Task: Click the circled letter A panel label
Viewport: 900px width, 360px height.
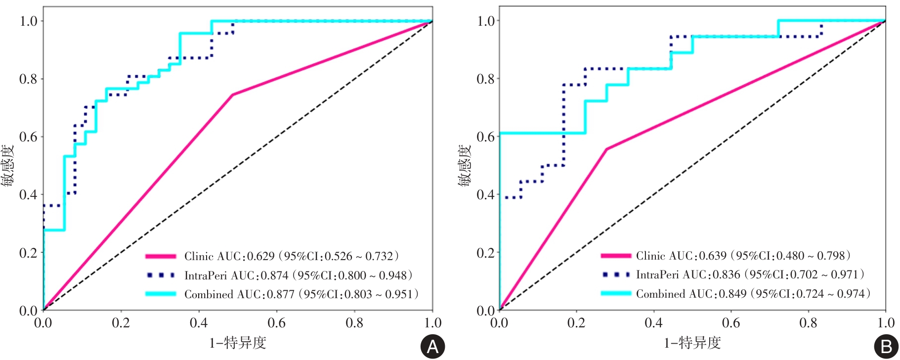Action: click(432, 347)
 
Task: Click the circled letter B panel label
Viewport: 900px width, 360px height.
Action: click(886, 347)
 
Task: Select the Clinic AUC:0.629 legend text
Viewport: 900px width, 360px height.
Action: click(291, 256)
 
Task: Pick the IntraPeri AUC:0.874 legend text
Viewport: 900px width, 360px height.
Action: click(298, 275)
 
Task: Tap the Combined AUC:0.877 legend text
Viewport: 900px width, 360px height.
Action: click(301, 294)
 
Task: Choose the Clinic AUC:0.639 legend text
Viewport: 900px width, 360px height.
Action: click(743, 256)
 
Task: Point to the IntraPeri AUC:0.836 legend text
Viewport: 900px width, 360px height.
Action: click(750, 274)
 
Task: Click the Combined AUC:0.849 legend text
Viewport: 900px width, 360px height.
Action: click(753, 294)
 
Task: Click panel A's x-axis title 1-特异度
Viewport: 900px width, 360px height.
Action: click(238, 342)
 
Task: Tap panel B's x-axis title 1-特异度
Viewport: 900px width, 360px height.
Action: click(692, 342)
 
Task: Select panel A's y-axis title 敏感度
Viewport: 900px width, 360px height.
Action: click(7, 166)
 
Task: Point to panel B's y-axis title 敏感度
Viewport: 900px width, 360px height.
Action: click(465, 166)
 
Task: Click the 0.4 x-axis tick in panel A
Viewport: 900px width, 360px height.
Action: click(199, 323)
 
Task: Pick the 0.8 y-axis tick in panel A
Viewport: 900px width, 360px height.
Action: click(28, 79)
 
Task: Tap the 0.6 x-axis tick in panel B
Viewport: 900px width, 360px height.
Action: click(731, 323)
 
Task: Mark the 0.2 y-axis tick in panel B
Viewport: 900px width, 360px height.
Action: click(485, 253)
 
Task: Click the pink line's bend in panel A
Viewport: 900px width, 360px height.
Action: click(232, 94)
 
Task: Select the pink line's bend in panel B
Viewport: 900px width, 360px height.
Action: click(606, 149)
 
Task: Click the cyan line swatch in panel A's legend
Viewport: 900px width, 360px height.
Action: click(161, 294)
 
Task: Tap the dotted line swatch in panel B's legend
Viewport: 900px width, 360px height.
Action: click(616, 274)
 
